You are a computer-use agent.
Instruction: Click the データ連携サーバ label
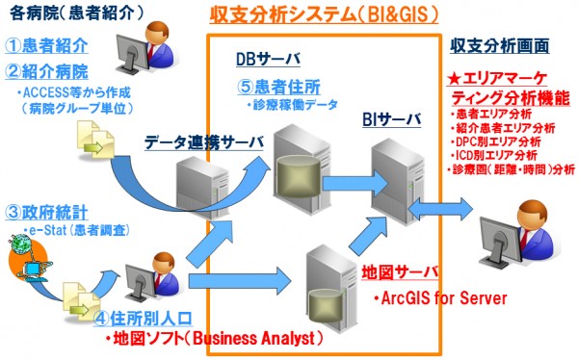coord(203,142)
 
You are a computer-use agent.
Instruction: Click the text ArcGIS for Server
coord(439,298)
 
